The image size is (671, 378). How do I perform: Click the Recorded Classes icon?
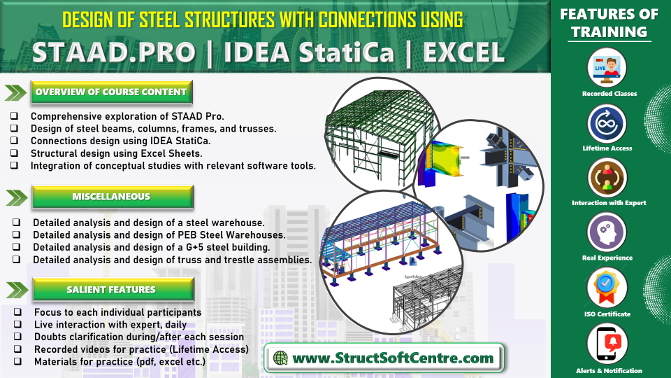tap(607, 68)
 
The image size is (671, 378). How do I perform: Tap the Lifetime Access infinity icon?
tap(607, 123)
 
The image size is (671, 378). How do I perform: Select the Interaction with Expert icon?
tap(607, 178)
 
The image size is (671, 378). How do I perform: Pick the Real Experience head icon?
tap(607, 232)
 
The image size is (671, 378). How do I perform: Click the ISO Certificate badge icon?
tap(607, 288)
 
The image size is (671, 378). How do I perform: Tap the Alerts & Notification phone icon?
tap(607, 344)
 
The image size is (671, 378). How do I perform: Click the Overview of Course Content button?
tap(111, 92)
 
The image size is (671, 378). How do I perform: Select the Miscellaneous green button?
tap(113, 197)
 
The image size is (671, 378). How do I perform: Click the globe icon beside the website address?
tap(281, 358)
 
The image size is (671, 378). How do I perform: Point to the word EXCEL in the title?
tap(464, 52)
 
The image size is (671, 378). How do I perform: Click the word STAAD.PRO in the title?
tap(114, 52)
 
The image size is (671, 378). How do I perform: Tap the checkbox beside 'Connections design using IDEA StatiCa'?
tap(15, 140)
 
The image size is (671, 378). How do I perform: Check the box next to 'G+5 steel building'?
tap(16, 246)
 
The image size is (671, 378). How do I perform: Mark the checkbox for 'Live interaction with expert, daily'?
tap(17, 324)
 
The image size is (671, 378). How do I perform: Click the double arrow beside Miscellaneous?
tap(17, 197)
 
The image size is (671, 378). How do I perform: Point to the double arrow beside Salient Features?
tap(17, 290)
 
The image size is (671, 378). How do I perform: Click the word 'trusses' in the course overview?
tap(259, 129)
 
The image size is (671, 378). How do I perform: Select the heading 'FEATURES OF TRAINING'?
tap(609, 23)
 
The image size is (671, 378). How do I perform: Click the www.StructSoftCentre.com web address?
tap(393, 358)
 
